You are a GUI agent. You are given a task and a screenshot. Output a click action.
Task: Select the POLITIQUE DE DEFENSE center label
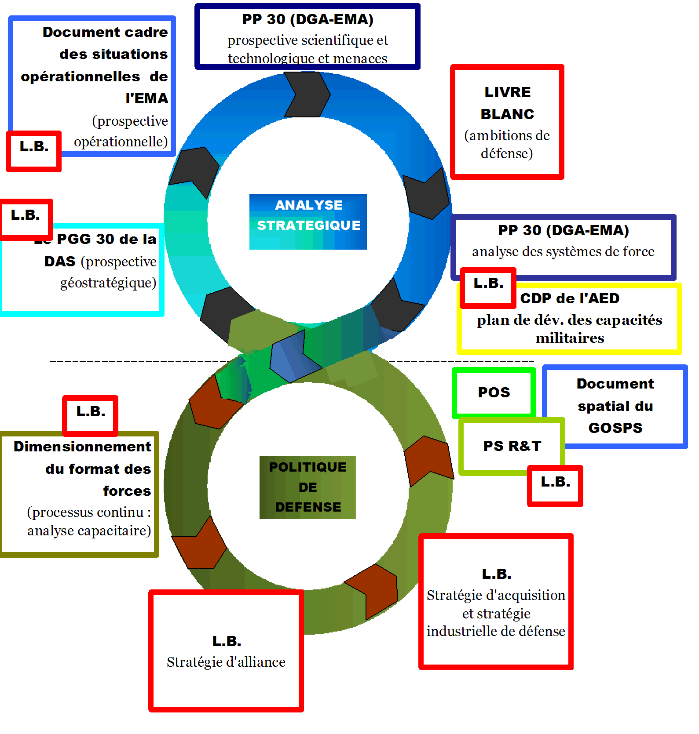[307, 487]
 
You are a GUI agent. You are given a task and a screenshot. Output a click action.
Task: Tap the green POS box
[494, 392]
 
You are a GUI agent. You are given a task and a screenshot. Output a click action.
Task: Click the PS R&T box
[512, 446]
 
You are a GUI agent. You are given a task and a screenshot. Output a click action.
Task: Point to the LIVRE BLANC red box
[507, 122]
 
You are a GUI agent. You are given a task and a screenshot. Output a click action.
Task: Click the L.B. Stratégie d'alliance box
[226, 650]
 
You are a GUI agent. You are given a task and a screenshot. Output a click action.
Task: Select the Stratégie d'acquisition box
[496, 602]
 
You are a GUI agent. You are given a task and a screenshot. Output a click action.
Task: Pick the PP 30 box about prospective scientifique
[307, 37]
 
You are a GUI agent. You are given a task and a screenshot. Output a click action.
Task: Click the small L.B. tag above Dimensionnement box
[91, 414]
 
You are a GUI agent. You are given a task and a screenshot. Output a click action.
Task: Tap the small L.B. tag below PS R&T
[555, 485]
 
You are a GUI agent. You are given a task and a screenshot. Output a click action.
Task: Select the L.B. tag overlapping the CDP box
[488, 287]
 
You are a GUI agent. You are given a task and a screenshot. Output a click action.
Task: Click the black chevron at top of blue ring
[307, 94]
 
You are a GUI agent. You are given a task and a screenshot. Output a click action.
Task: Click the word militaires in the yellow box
[570, 338]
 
